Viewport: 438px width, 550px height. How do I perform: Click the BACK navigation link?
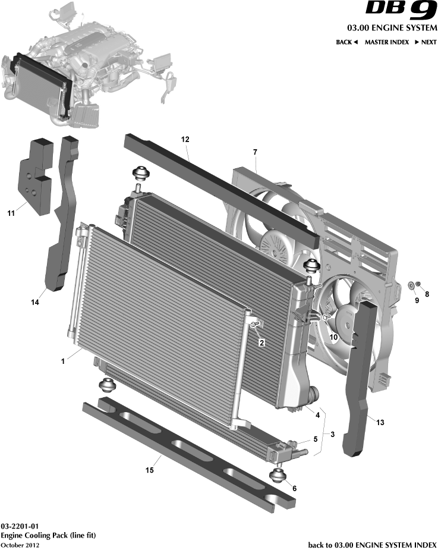346,42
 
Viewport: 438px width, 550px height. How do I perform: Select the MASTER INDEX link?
387,42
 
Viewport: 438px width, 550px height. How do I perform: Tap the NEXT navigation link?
426,42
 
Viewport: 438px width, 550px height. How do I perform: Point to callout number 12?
185,139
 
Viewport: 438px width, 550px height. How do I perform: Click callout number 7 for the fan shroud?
255,152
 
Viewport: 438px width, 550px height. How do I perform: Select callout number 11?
11,213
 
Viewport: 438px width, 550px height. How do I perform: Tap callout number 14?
34,302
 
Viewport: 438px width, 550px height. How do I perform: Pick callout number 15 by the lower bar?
150,470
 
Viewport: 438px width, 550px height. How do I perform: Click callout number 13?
380,422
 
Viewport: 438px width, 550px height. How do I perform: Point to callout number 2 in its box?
261,342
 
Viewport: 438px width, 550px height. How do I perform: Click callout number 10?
333,337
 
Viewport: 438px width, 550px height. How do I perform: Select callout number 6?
294,488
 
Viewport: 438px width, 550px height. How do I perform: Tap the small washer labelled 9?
411,285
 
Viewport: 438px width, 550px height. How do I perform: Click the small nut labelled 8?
418,284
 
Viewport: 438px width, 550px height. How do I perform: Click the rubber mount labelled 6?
278,476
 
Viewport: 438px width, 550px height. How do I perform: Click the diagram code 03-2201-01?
20,526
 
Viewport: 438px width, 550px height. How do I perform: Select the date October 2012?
20,545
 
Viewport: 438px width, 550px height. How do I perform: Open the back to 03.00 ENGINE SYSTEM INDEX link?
373,545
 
